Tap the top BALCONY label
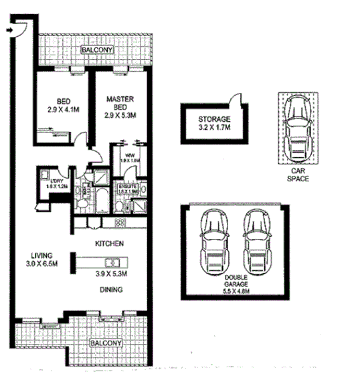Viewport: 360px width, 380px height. click(x=94, y=51)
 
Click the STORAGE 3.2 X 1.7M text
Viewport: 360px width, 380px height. click(x=213, y=122)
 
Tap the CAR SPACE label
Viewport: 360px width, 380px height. click(x=298, y=175)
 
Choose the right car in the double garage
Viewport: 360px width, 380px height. click(x=257, y=239)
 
